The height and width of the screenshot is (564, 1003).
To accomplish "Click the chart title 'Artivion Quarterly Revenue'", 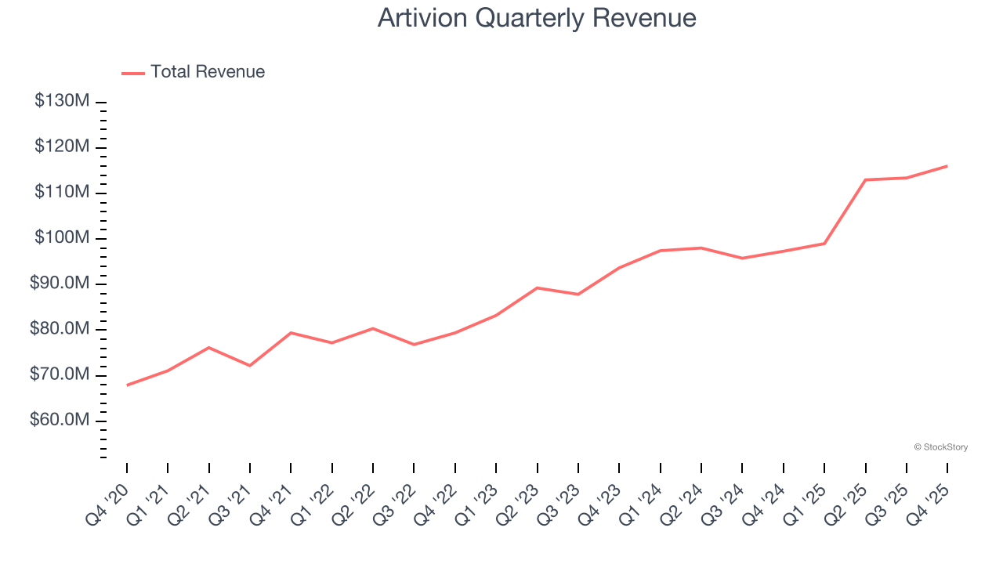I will pos(537,17).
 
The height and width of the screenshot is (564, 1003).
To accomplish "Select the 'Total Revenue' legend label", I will pos(208,72).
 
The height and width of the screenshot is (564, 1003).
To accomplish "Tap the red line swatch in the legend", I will pos(133,73).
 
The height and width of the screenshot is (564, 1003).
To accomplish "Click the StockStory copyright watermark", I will pos(940,447).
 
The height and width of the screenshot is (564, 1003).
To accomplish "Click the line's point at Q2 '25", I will pos(865,179).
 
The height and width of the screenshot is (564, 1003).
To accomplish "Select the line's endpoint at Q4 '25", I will pos(947,166).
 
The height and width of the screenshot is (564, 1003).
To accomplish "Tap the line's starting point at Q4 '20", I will pos(127,385).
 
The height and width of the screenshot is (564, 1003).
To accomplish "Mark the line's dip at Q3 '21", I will pos(250,366).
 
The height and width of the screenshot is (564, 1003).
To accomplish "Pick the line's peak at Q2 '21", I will pos(208,347).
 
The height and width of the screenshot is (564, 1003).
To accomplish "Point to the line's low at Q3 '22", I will pos(414,345).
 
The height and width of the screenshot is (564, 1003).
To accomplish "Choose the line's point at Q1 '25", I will pos(824,244).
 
